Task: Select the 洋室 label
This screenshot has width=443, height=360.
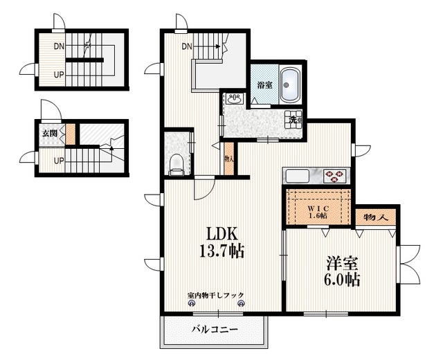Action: click(x=343, y=264)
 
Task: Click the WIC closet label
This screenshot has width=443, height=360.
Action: click(x=319, y=206)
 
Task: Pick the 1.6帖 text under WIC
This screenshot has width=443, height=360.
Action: click(x=319, y=215)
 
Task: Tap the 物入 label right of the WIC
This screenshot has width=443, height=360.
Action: click(x=375, y=217)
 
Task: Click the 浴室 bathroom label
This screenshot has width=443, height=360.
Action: click(x=264, y=86)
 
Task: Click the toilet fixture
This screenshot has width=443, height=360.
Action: click(x=177, y=163)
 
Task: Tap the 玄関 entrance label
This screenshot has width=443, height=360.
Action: click(x=49, y=133)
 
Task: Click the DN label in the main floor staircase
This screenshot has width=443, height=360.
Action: click(x=187, y=47)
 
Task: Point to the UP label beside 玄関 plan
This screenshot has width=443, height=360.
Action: click(x=60, y=161)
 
